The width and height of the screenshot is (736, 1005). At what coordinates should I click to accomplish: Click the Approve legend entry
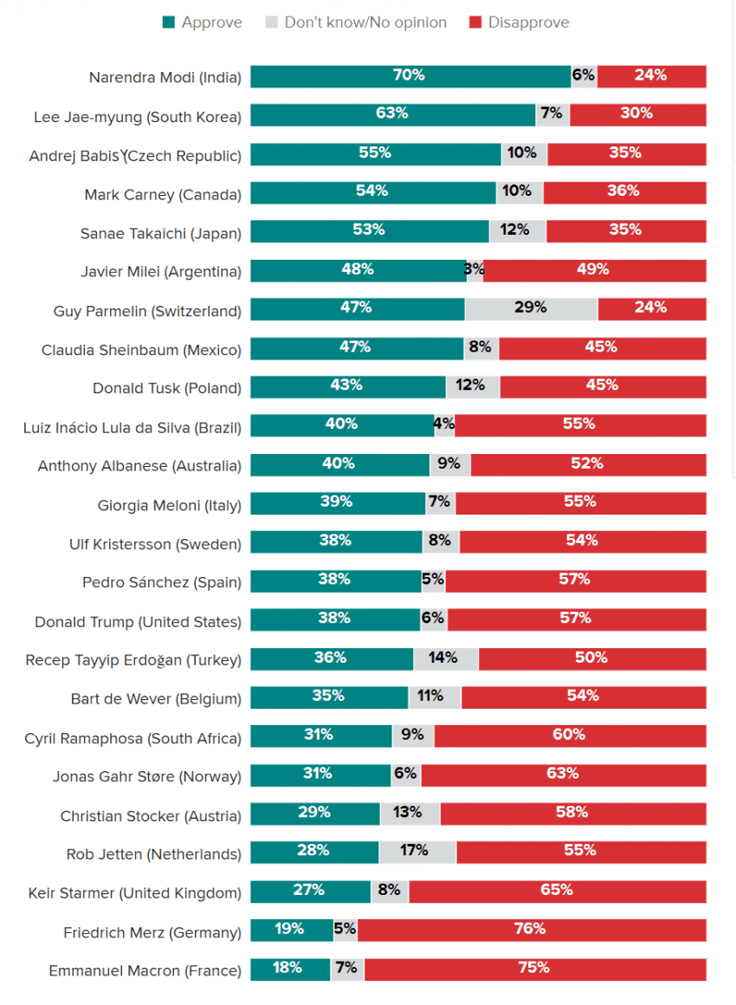click(x=203, y=23)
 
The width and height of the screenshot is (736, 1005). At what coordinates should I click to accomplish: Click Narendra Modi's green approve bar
click(x=410, y=76)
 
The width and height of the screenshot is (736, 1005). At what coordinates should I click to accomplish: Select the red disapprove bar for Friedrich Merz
click(x=532, y=930)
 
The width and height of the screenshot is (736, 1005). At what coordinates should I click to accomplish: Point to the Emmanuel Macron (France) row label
click(x=145, y=970)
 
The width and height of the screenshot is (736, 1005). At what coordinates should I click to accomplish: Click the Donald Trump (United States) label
click(x=138, y=621)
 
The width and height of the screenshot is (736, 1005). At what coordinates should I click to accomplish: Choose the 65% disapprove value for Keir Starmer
click(x=557, y=890)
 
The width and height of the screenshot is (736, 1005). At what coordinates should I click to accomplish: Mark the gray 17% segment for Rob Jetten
click(x=416, y=852)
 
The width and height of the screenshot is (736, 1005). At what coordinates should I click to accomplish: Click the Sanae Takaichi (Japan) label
click(x=160, y=232)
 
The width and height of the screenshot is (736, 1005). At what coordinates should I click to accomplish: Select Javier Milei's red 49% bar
click(x=594, y=270)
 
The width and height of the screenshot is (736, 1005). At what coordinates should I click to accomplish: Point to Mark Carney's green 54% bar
click(x=373, y=192)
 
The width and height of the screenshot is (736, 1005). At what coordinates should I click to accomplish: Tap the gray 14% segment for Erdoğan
click(x=445, y=658)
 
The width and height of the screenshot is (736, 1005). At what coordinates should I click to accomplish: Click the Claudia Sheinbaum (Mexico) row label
click(x=141, y=349)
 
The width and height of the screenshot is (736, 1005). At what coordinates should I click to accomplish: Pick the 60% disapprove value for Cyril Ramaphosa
click(x=570, y=735)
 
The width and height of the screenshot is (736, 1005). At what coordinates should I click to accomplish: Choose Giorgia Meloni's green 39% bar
click(x=338, y=503)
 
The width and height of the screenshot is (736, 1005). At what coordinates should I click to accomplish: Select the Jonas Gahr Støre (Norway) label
click(x=146, y=776)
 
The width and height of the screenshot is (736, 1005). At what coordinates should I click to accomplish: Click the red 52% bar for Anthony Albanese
click(x=588, y=464)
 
